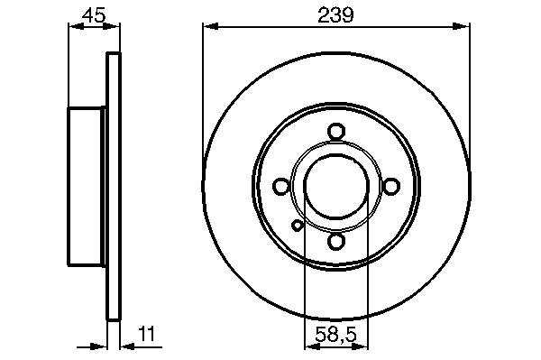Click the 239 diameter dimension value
(x=335, y=14)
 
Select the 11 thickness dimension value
(x=147, y=334)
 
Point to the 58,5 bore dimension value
(x=335, y=335)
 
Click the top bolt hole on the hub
(x=336, y=132)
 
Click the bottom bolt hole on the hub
(x=336, y=241)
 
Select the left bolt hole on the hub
(x=280, y=187)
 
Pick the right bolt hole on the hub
(x=391, y=187)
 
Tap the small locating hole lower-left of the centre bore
(x=297, y=226)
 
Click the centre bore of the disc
(x=336, y=187)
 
